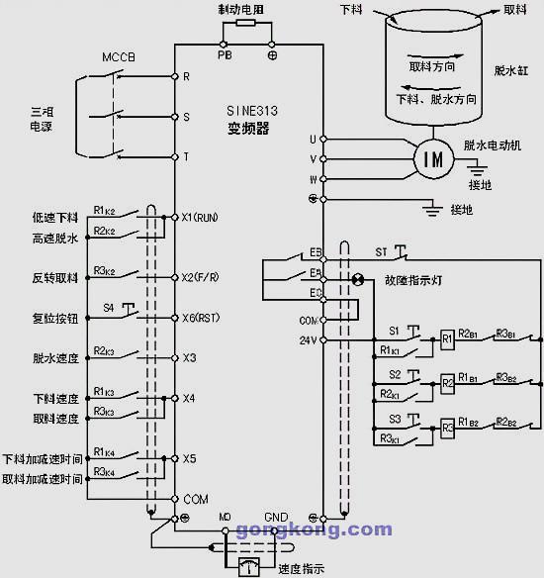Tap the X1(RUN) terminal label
[200, 217]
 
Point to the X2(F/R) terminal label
[200, 278]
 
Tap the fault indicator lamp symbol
[358, 280]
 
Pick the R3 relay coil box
[447, 428]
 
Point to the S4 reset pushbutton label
[109, 309]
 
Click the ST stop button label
[381, 251]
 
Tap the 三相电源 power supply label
[41, 120]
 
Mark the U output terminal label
[313, 139]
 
